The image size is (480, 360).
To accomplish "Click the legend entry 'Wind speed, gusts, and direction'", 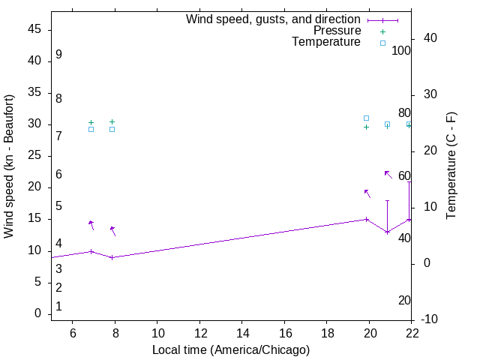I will [x=273, y=19].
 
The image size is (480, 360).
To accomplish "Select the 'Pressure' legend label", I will [x=337, y=31].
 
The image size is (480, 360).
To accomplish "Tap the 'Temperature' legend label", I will [x=326, y=42].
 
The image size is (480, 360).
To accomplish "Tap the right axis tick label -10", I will [x=430, y=320].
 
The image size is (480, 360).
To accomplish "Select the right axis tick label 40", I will [x=430, y=38].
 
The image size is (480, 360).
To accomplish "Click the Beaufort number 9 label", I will [x=58, y=55].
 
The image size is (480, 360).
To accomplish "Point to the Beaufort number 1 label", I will [x=58, y=307].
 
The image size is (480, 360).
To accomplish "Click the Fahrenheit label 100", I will [x=401, y=51].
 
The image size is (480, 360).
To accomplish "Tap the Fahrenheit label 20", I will [x=404, y=301].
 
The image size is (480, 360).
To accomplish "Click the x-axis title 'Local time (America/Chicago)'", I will [x=231, y=349].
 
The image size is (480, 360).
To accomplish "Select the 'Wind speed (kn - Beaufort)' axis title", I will [x=9, y=166].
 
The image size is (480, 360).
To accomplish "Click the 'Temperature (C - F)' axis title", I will [x=451, y=166].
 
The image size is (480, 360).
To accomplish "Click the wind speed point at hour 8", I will [x=112, y=257].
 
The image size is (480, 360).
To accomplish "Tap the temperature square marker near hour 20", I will [x=366, y=118].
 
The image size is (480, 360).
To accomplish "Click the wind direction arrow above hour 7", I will [x=91, y=225].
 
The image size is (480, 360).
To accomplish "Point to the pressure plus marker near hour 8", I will [x=112, y=121].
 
